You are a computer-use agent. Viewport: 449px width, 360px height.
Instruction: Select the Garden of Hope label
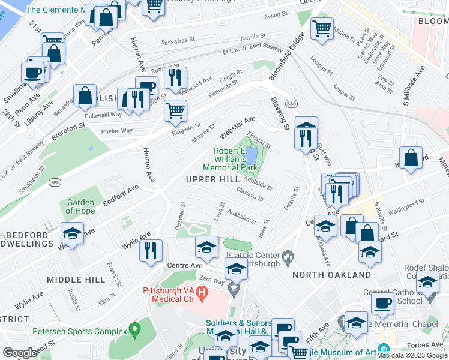(80, 206)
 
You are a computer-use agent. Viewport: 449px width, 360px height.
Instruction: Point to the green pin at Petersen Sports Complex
(134, 329)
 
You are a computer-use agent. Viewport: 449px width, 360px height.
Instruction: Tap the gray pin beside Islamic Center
(288, 258)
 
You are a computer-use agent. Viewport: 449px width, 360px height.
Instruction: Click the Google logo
(20, 353)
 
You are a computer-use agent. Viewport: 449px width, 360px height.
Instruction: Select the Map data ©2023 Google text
(412, 355)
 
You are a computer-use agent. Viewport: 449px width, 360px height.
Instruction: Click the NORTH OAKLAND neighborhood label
(332, 275)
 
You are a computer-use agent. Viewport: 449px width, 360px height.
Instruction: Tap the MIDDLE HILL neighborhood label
(76, 280)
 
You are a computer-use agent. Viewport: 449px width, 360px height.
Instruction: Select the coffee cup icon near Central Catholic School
(382, 303)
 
